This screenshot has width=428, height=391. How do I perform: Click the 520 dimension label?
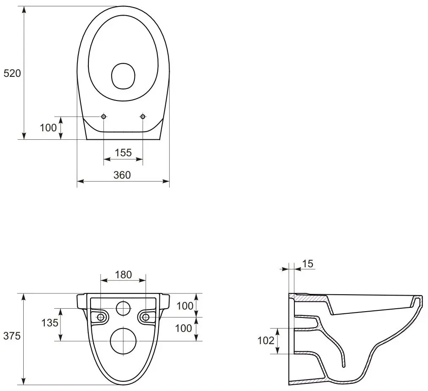point(12,73)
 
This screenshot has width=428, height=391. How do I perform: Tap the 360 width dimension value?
point(122,175)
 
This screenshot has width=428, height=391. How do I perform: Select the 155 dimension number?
point(123,152)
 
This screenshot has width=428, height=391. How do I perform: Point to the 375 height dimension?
point(12,336)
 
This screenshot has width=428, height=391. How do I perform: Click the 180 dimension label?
point(123,274)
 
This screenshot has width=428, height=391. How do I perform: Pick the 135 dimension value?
point(49,323)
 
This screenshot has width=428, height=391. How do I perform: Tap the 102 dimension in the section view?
point(266,341)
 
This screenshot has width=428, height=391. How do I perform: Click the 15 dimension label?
point(307,264)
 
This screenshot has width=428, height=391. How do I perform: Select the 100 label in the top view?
point(48,128)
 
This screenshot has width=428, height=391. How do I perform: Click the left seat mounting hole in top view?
point(104,117)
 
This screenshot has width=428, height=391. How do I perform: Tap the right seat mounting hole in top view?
point(143,117)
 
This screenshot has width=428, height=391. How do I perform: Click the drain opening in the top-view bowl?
point(123,76)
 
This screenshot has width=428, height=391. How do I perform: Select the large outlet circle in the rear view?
point(123,341)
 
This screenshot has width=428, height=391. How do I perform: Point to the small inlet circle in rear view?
point(123,308)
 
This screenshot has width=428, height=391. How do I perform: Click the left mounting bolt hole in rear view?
point(101,317)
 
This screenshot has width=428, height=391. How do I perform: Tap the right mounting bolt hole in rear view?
point(146,317)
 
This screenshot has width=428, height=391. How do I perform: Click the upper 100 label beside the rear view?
point(185,306)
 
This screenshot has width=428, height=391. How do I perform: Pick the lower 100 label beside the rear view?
point(184,329)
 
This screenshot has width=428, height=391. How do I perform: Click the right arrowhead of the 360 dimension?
point(166,181)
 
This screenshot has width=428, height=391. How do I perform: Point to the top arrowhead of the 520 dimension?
point(24,10)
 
